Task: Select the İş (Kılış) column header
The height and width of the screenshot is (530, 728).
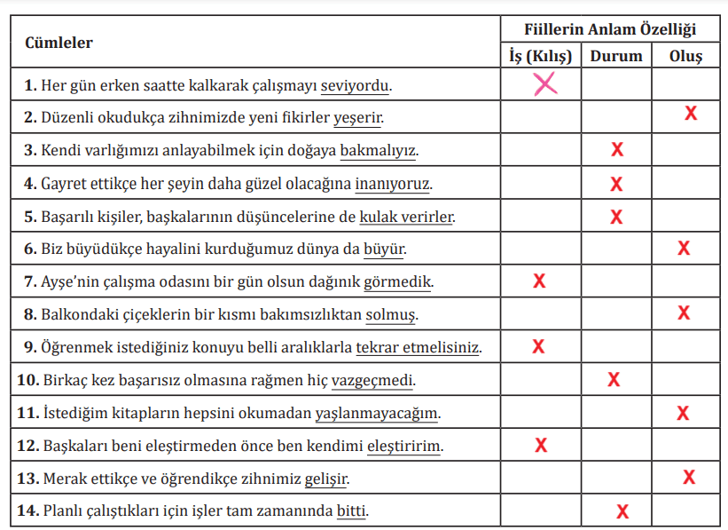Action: click(540, 56)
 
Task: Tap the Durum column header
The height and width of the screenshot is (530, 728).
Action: click(616, 56)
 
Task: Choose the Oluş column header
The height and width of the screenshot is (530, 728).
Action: click(685, 56)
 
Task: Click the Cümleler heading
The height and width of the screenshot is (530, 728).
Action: click(59, 43)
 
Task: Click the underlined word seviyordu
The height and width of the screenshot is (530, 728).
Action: click(355, 86)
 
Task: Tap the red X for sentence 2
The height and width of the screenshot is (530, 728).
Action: click(690, 114)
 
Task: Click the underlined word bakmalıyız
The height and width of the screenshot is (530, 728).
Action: click(379, 151)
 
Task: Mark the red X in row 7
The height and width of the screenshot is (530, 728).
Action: click(538, 281)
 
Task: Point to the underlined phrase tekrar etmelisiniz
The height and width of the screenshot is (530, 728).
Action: click(418, 347)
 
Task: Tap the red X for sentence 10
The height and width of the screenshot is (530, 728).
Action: click(614, 380)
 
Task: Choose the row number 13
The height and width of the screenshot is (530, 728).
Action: click(27, 479)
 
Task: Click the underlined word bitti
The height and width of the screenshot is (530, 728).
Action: click(352, 511)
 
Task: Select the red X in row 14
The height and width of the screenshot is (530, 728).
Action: click(622, 510)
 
